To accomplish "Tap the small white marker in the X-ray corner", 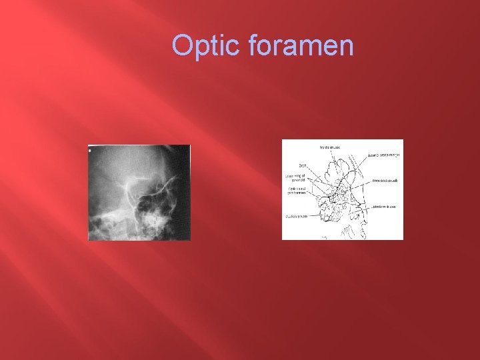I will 90,150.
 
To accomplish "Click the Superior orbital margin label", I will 383,155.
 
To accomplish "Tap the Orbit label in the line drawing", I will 302,166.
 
